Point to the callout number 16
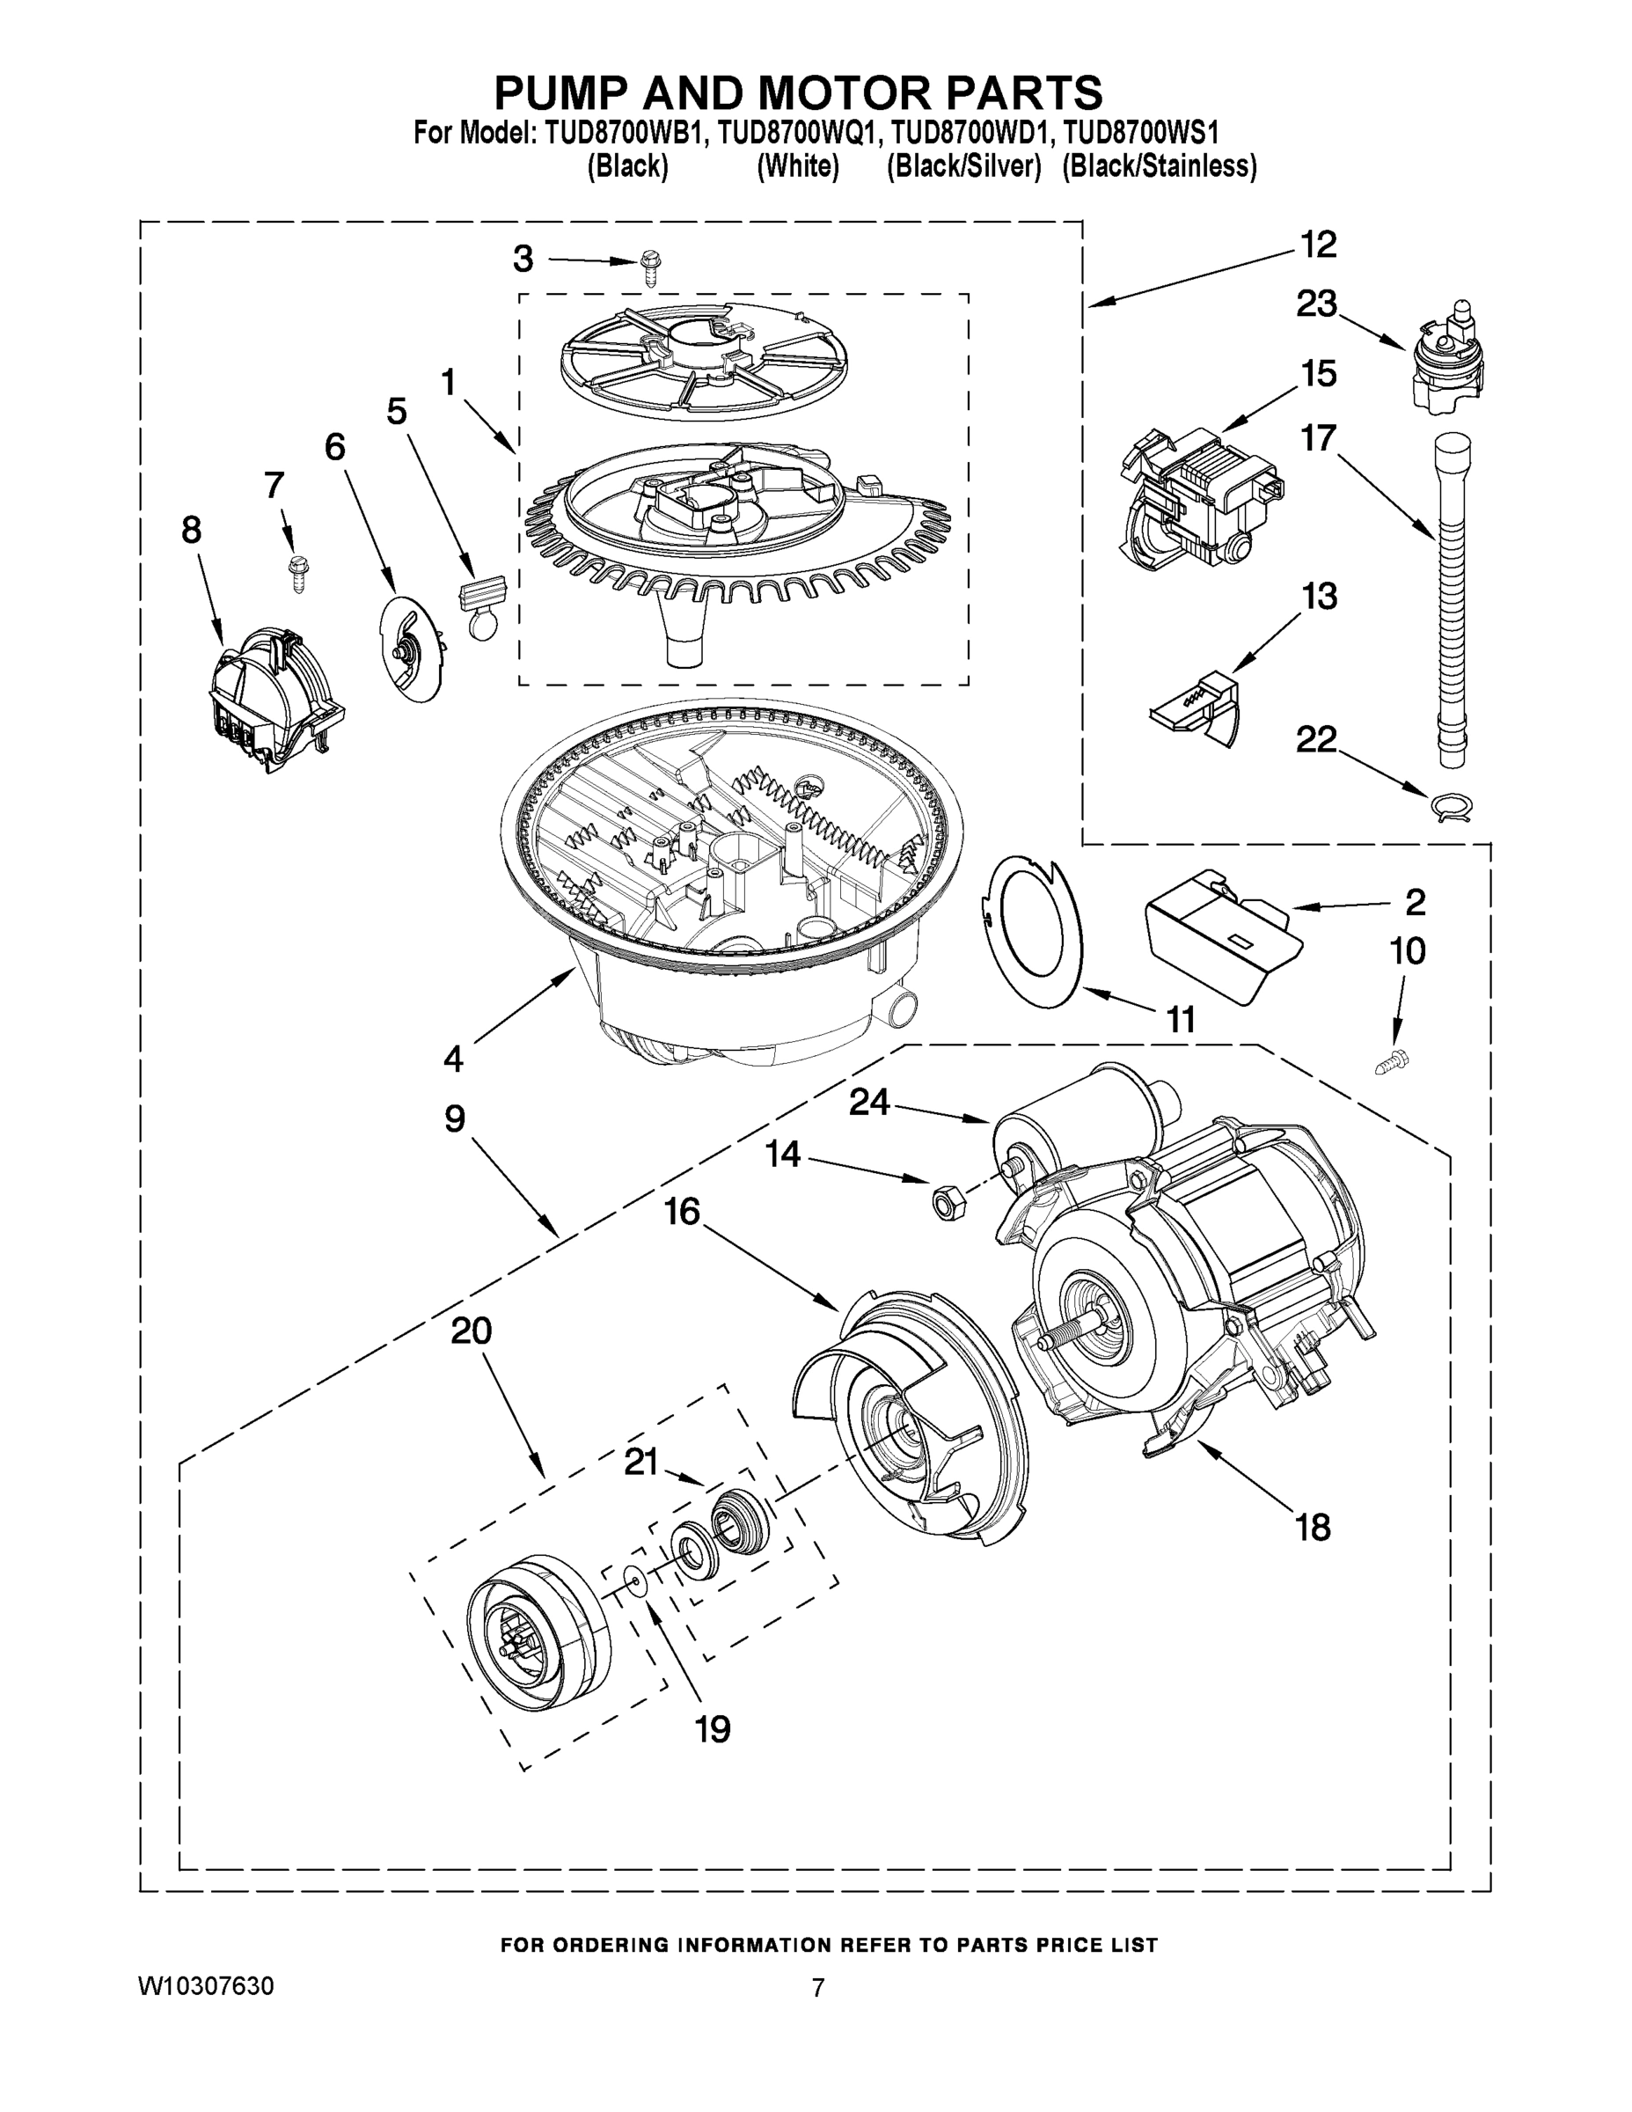(682, 1211)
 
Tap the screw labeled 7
(296, 574)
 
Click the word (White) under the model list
(797, 167)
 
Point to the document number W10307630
(206, 1986)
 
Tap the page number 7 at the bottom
(817, 1988)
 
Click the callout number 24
(868, 1103)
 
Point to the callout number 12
(1317, 245)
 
